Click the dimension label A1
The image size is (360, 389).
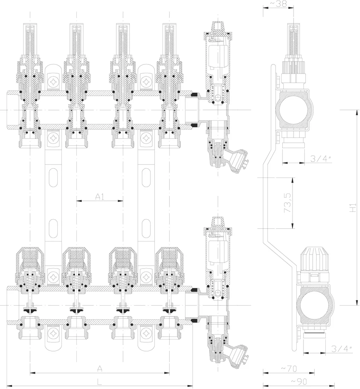pos(100,197)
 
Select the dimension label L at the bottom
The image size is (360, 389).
pos(99,382)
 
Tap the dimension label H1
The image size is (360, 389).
pos(353,207)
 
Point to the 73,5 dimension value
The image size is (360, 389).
pos(287,203)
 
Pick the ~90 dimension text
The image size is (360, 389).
pos(299,381)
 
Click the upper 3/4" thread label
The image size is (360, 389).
pos(321,158)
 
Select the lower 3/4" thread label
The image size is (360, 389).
pos(342,349)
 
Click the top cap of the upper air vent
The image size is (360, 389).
pos(218,28)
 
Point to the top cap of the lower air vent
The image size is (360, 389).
pos(218,223)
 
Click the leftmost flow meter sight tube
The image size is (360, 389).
pos(30,40)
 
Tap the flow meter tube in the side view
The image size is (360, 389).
pos(294,42)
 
